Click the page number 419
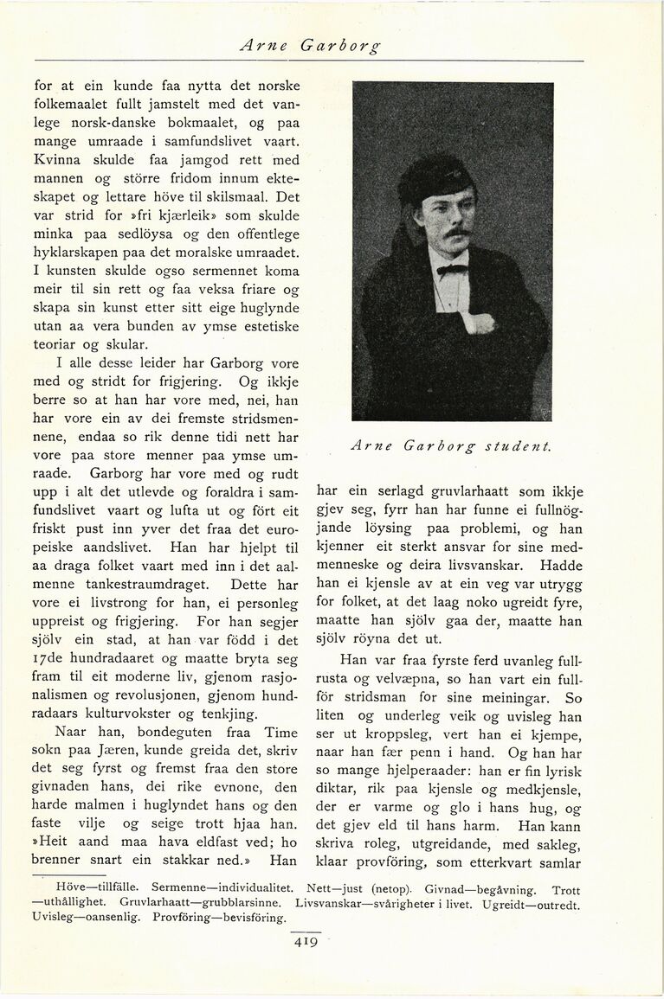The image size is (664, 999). (x=307, y=942)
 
